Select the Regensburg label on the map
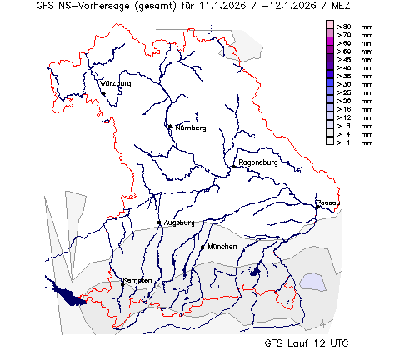(257, 162)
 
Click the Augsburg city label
(179, 222)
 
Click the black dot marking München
(203, 247)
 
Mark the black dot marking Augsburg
(159, 222)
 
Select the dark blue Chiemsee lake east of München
(256, 271)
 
